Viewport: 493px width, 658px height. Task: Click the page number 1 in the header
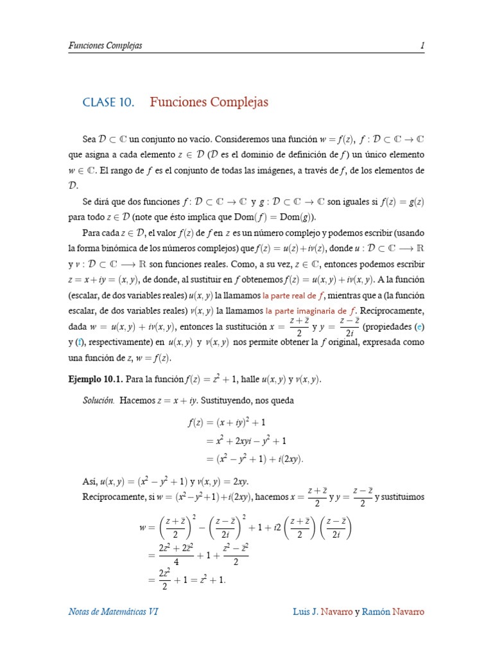(422, 46)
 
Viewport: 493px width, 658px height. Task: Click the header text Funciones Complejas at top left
(105, 46)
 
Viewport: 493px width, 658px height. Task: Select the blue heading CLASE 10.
(108, 102)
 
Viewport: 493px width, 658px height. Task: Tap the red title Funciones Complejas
(209, 102)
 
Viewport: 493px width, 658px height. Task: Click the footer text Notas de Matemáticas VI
(113, 611)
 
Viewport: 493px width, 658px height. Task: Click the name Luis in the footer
(303, 611)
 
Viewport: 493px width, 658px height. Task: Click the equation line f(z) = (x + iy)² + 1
(227, 423)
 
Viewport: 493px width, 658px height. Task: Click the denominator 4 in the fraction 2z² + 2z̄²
(175, 560)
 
